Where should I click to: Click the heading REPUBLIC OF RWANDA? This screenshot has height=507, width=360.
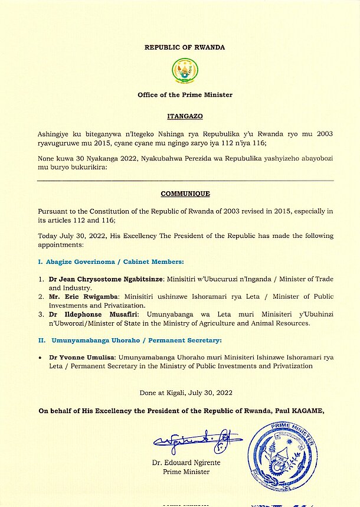pos(185,47)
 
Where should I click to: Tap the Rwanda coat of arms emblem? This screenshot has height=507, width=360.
pos(179,71)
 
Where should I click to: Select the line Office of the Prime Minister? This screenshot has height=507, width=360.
pos(185,94)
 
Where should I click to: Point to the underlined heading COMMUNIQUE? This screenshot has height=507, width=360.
pos(185,194)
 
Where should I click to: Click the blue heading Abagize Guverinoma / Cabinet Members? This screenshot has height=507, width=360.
pos(111,261)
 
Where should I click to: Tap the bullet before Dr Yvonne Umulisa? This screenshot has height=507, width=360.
pos(40,358)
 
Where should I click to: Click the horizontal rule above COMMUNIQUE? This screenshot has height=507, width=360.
pos(185,181)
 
